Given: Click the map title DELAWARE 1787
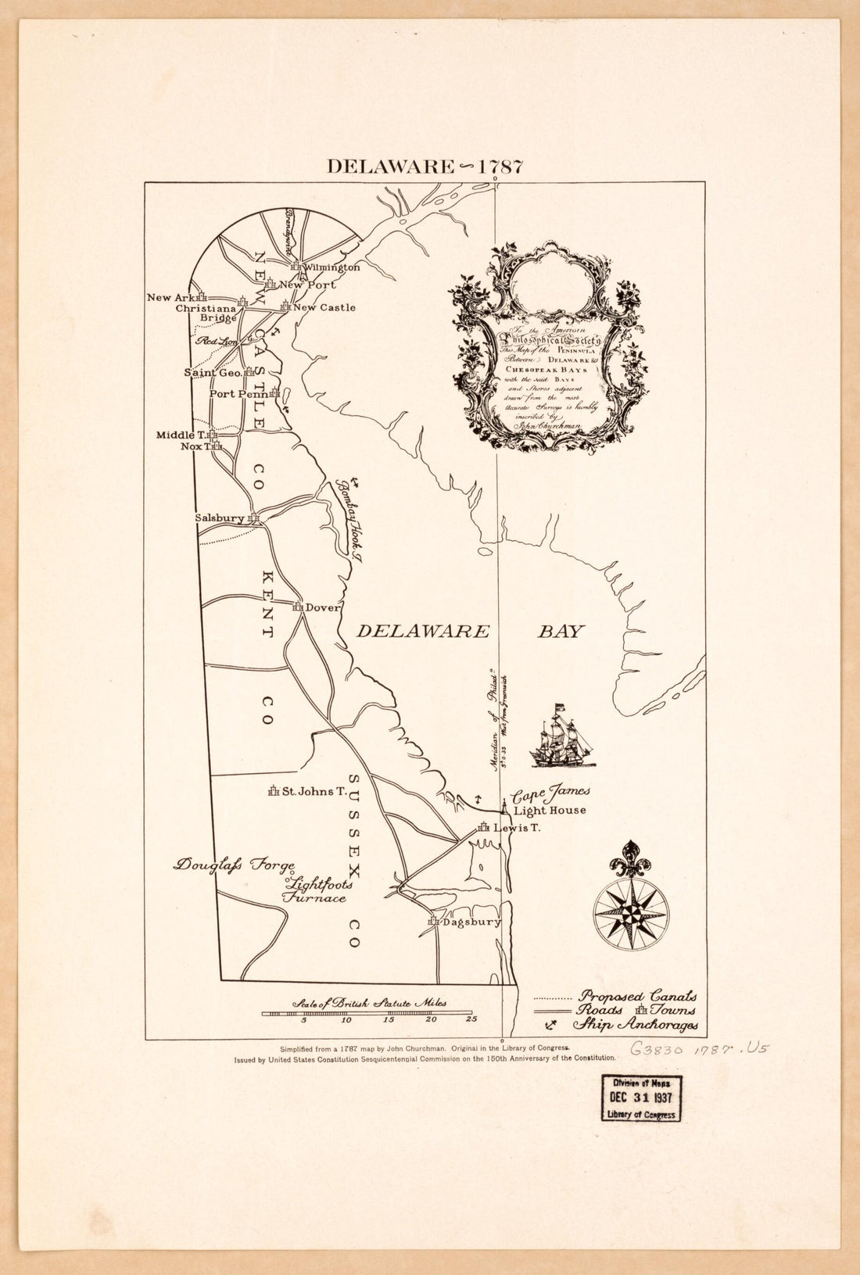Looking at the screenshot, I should [x=425, y=167].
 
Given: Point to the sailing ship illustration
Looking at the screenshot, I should [x=561, y=736].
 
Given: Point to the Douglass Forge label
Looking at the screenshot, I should [x=235, y=865].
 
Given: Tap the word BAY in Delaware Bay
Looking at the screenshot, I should [x=561, y=632].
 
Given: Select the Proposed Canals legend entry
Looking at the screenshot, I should [x=636, y=997].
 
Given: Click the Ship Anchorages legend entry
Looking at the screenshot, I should [x=636, y=1025].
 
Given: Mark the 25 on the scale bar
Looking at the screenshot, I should [x=471, y=1020].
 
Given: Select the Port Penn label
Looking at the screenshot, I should [x=238, y=394].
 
